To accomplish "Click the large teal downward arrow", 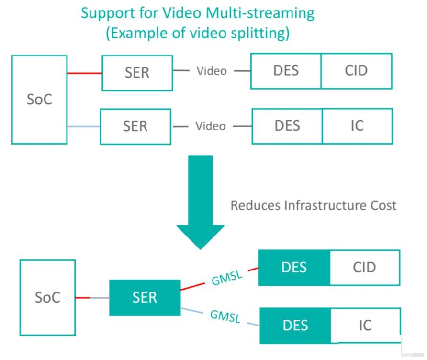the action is [x=201, y=202].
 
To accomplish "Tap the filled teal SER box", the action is [x=145, y=298].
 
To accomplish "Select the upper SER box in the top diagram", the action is [x=137, y=73].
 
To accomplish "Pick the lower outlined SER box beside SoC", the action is [x=135, y=127].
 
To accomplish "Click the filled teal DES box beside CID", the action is [x=294, y=268].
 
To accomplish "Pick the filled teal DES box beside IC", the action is [x=295, y=326].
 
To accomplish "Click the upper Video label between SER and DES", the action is [x=212, y=71].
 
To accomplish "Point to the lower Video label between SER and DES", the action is [x=211, y=126].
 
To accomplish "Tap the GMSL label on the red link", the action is [x=227, y=278].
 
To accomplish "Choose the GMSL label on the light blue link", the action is [x=225, y=316].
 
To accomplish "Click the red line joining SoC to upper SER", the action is [x=85, y=73].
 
